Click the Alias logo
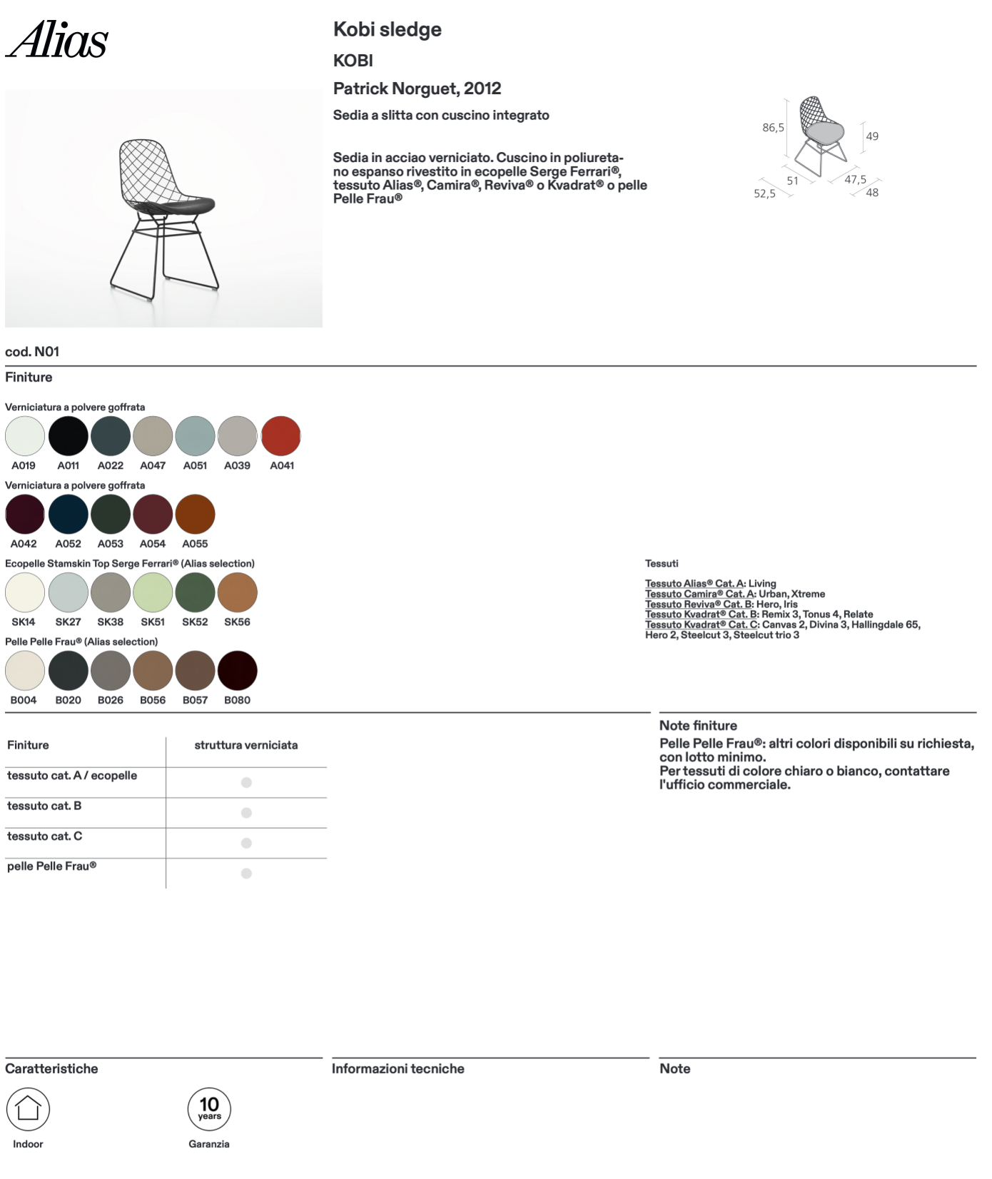coord(57,40)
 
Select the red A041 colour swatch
coord(281,436)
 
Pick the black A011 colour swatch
coord(69,436)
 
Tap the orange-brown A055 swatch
coord(195,515)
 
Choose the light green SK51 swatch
coord(153,592)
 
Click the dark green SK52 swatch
coord(195,592)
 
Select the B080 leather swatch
coord(237,671)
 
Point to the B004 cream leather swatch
coord(25,671)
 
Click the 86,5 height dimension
coord(773,128)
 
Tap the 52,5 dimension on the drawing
coord(764,193)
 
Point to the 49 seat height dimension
coord(872,136)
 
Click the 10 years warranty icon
coord(209,1108)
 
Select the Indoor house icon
coord(28,1108)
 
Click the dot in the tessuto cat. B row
coord(246,813)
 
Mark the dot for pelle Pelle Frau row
coord(246,874)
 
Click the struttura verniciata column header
coord(246,745)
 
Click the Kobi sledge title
coord(388,30)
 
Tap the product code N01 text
coord(32,352)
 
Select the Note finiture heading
coord(698,726)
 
